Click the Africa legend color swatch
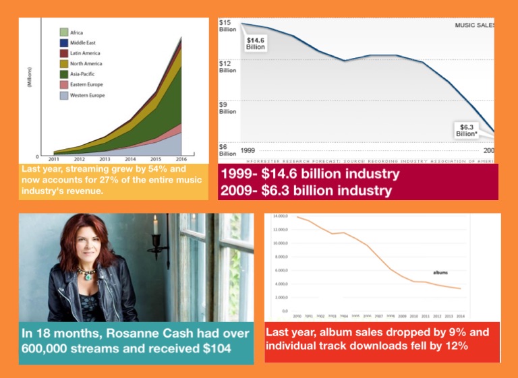tap(63, 32)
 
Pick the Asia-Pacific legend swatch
tap(63, 74)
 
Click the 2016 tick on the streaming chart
tap(181, 159)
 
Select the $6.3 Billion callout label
tap(467, 130)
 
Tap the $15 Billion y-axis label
tap(227, 26)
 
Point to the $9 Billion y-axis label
tap(227, 108)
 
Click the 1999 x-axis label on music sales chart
tap(248, 150)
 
